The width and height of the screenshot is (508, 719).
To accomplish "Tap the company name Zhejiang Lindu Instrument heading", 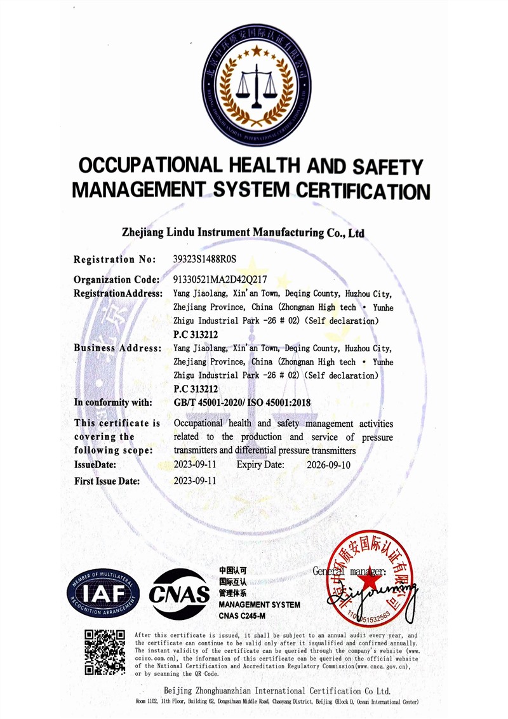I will tap(243, 232).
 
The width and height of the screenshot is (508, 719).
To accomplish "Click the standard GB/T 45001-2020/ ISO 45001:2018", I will tap(242, 402).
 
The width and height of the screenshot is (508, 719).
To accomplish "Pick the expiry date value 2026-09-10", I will tap(328, 465).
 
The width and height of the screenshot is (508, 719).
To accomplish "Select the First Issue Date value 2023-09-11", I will tap(195, 481).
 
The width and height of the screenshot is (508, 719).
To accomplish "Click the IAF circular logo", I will tap(103, 593).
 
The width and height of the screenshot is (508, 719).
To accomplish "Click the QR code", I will tap(105, 652).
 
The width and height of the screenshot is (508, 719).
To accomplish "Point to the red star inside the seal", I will tap(368, 580).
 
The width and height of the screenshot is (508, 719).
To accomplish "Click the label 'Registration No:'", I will tap(114, 259).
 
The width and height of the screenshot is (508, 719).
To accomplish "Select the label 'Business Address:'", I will tap(117, 348).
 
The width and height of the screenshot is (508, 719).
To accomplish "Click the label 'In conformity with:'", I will tap(113, 402).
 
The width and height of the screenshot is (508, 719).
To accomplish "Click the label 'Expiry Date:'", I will tap(260, 465).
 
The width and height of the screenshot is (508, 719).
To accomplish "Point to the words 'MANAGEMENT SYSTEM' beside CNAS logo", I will tap(259, 605).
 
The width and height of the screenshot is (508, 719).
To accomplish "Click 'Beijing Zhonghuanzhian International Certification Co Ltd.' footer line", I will tap(276, 690).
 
